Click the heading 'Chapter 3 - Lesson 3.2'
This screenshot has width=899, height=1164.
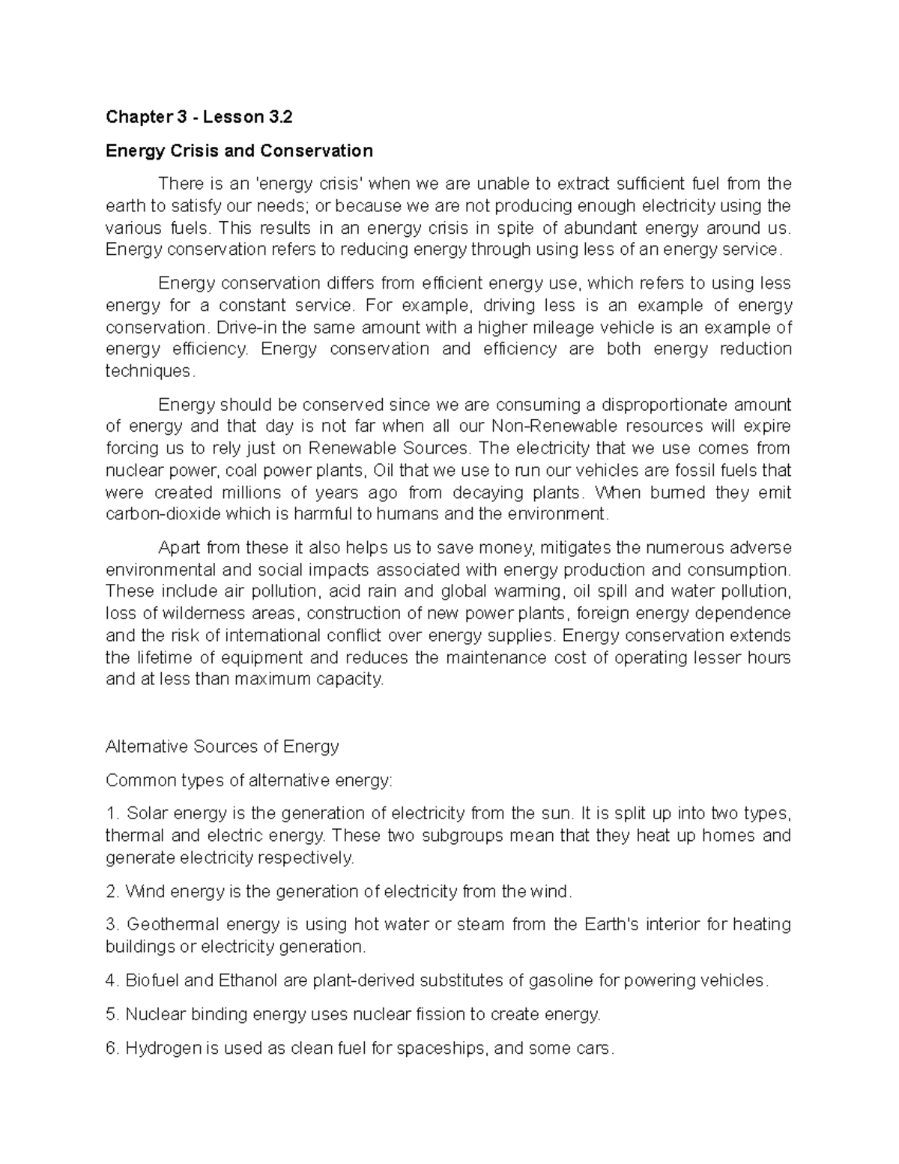[199, 117]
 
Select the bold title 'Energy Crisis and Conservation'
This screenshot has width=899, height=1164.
[239, 151]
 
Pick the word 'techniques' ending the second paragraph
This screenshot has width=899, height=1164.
[148, 371]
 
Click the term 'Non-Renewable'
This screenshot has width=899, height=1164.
[554, 426]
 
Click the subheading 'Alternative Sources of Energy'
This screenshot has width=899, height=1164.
[223, 747]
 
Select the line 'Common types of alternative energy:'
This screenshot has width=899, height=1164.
[249, 780]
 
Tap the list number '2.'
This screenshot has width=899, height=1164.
[112, 892]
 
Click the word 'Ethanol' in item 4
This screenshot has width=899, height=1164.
[249, 980]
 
